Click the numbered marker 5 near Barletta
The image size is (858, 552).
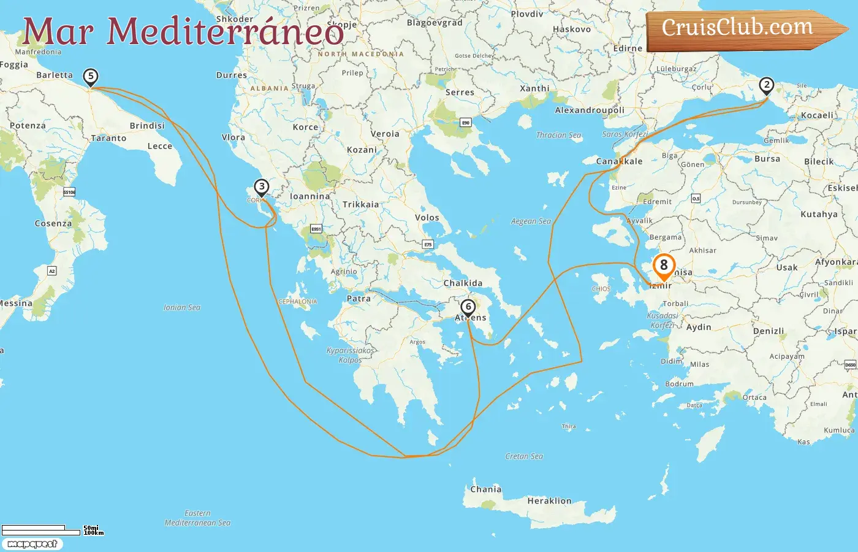pos(91,77)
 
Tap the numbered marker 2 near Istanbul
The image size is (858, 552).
pos(766,85)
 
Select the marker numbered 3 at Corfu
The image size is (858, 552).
pos(262,187)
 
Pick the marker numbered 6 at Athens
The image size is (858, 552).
pos(468,307)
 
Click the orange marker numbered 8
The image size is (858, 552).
pos(664,266)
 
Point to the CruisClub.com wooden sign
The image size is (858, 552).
pos(742,29)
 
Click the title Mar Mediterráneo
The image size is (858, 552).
pos(183,32)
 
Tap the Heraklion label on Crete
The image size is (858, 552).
pos(549,501)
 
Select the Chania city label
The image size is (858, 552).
pos(485,489)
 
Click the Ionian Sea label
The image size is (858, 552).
pos(182,307)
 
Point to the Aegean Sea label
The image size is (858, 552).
pos(531,221)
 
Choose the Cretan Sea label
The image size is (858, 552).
pos(524,456)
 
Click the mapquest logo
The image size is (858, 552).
pos(32,544)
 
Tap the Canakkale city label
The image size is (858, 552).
pos(619,161)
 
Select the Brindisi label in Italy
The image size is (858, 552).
pos(147,126)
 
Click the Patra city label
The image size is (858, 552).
pos(359,299)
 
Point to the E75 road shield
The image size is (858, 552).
pos(428,245)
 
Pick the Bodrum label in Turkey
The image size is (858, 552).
pos(679,384)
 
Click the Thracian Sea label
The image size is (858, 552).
pos(558,135)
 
